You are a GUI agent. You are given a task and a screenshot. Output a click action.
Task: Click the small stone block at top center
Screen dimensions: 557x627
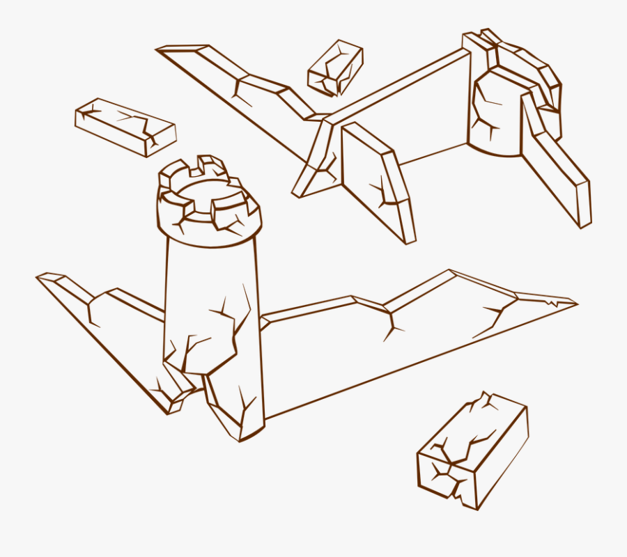[336, 68]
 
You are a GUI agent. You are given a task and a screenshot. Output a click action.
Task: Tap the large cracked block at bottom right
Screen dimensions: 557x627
[472, 449]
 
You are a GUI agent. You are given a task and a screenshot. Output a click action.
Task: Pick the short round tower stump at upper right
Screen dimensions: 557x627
[496, 115]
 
